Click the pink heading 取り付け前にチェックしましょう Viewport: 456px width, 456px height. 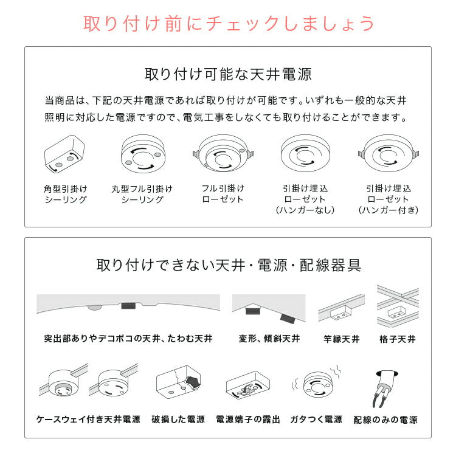(228, 24)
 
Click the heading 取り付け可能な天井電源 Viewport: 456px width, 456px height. (228, 75)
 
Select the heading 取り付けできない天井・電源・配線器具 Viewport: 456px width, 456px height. (228, 265)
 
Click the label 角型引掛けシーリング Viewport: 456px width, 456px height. (66, 194)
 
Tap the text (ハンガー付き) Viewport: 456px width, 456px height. (389, 210)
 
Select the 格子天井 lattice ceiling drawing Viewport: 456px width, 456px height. (398, 306)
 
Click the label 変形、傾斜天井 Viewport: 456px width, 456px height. (265, 339)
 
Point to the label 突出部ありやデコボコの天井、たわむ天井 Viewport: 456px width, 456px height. (128, 339)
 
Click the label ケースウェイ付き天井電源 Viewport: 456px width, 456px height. (88, 420)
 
